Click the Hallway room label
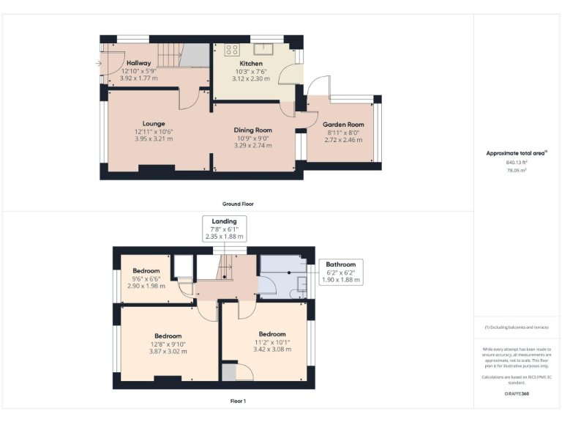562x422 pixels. coord(138,62)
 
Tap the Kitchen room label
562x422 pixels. coord(250,64)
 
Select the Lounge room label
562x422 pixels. coord(154,123)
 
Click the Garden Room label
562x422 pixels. coord(343,125)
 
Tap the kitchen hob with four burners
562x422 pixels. coord(232,50)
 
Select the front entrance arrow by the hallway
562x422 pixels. coord(98,64)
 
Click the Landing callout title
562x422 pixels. coord(224,221)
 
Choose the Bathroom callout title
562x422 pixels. coord(340,264)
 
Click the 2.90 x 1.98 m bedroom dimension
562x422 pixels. coord(146,286)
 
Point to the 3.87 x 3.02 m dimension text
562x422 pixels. coord(168,352)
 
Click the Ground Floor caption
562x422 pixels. coord(238,204)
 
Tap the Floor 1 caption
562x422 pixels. coord(238,401)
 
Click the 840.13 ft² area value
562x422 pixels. coord(517,163)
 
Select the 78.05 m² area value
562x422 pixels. coord(517,170)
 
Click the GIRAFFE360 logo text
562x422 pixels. coord(517,394)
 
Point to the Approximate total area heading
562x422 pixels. coord(517,153)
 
